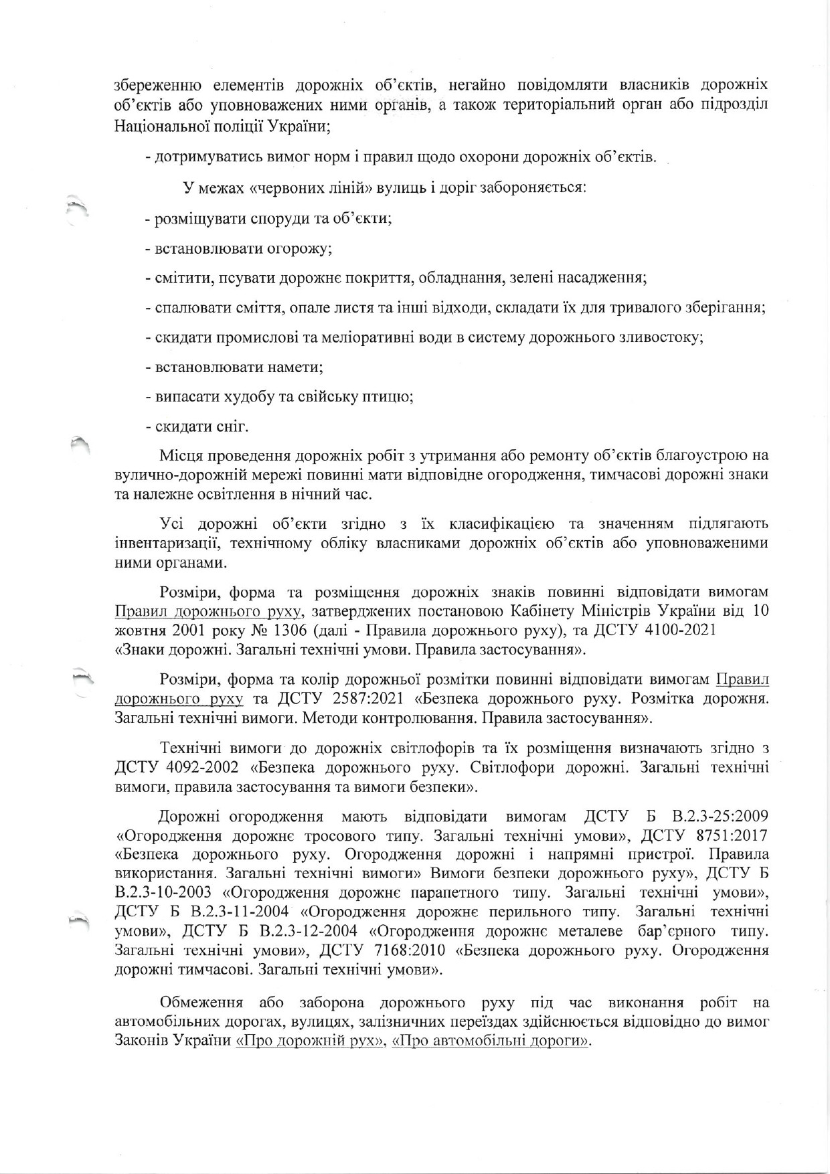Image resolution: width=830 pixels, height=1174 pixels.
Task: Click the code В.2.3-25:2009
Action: tap(714, 816)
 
